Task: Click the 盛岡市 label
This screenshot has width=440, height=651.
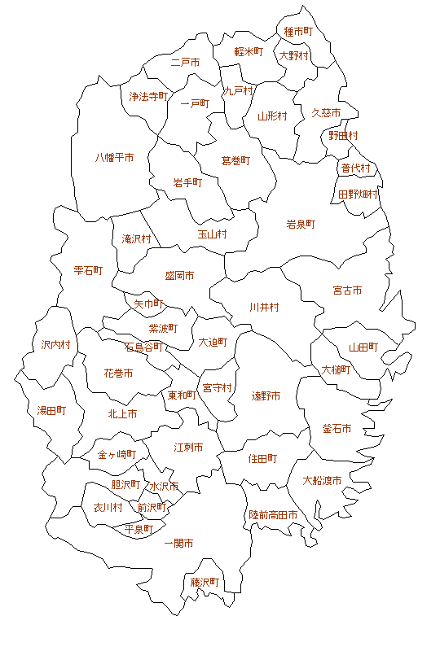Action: click(179, 276)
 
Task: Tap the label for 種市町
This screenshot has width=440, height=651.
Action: click(298, 32)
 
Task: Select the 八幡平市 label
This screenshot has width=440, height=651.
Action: click(115, 157)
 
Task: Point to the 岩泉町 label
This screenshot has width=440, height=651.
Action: click(301, 224)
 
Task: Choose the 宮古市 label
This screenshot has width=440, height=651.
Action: click(347, 290)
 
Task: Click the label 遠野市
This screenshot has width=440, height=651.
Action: click(266, 395)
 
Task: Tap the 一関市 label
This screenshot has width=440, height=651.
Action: click(178, 543)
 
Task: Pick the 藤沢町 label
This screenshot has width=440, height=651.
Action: click(205, 583)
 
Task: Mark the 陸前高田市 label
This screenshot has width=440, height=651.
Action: click(273, 515)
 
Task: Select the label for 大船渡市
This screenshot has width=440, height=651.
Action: click(322, 480)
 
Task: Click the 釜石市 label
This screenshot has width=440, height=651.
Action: click(337, 428)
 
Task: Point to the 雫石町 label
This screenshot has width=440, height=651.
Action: click(88, 270)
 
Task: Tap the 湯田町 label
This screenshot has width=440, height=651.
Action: click(51, 410)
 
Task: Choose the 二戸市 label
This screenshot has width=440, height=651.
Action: click(185, 62)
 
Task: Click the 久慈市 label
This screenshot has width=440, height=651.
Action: click(326, 112)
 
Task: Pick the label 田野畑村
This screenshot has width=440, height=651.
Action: click(358, 194)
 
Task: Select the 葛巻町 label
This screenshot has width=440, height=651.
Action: click(236, 160)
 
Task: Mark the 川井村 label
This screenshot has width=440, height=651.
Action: click(265, 307)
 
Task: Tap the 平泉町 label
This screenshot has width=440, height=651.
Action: click(139, 529)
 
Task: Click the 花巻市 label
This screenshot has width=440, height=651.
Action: click(118, 373)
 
